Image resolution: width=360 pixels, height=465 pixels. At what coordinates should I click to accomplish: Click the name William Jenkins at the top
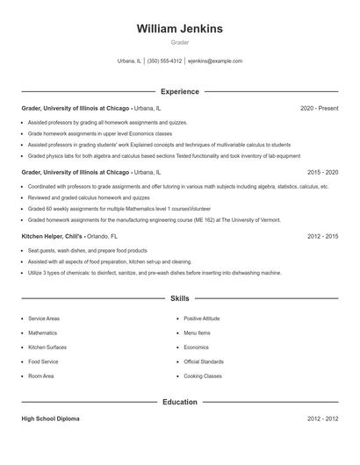tap(179, 29)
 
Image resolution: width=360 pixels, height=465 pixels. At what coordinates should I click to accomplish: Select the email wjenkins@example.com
tap(215, 61)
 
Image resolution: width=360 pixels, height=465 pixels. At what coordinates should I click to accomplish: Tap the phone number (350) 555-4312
tap(164, 61)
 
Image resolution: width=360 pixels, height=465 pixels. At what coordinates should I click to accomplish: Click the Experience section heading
tap(179, 91)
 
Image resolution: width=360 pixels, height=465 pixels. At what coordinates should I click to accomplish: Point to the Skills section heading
tap(179, 299)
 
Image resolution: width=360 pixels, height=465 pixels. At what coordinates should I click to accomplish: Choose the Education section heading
tap(179, 402)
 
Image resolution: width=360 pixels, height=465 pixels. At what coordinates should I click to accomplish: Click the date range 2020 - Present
tap(319, 108)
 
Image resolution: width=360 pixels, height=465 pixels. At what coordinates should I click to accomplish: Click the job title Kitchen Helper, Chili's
tap(51, 237)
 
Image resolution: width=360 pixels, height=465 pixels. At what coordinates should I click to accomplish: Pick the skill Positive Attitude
tap(201, 318)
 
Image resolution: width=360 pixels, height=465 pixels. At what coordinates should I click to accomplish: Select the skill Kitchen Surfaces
tap(47, 347)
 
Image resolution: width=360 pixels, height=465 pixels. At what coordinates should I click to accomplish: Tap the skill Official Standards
tap(204, 361)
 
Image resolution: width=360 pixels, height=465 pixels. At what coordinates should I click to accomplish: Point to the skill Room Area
tap(40, 376)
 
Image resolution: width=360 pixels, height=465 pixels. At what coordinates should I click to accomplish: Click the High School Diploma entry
tap(50, 419)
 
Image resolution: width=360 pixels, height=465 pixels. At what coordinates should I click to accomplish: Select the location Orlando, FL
tap(102, 237)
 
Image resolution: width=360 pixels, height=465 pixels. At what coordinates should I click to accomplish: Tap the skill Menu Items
tap(197, 333)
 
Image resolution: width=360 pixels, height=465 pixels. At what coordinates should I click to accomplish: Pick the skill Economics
tap(197, 347)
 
